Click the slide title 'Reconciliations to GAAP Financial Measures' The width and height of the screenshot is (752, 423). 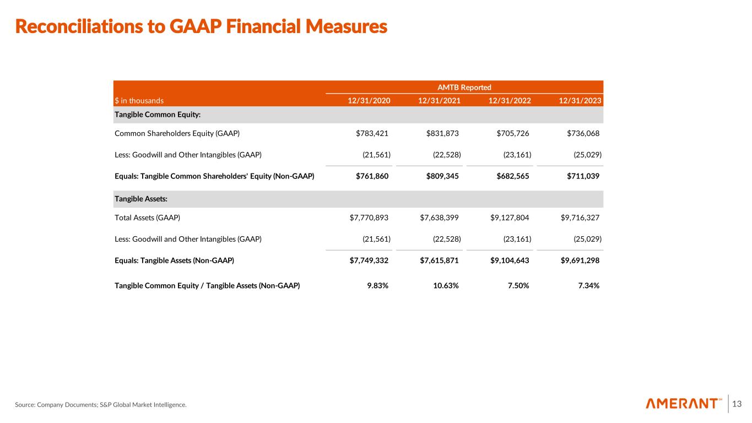click(x=201, y=26)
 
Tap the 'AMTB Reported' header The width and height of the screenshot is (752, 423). click(x=464, y=87)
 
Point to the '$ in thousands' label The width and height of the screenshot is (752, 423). click(x=139, y=101)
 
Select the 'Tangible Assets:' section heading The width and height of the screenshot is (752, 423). click(x=137, y=198)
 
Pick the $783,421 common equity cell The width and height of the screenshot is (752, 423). click(x=372, y=133)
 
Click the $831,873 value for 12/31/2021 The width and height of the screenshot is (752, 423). click(x=442, y=133)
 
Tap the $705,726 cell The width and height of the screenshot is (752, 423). click(x=513, y=133)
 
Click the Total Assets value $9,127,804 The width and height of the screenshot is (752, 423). click(x=510, y=218)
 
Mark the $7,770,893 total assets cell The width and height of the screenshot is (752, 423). click(x=369, y=218)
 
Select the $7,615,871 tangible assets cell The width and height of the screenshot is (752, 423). click(x=439, y=261)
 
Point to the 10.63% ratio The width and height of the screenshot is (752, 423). click(x=446, y=285)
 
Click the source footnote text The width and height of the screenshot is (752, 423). click(x=101, y=405)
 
